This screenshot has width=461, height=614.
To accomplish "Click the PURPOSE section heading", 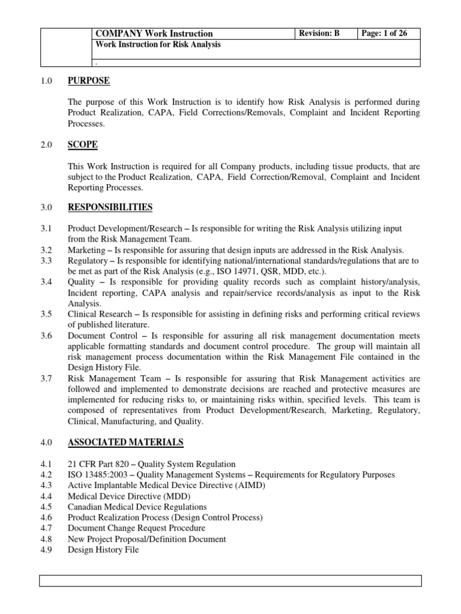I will [89, 81].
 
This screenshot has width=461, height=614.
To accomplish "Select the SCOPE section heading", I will [83, 145].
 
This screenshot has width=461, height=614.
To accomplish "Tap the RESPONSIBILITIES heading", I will [110, 207].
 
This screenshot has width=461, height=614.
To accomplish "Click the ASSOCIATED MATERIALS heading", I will [125, 443].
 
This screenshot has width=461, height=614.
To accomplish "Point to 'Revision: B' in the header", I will [320, 34].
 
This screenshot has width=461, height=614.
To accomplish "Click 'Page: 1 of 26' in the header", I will [384, 34].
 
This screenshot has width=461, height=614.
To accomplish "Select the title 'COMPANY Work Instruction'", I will [154, 34].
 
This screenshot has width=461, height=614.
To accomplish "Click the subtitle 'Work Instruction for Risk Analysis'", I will [157, 44].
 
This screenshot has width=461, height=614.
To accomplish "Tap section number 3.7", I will [47, 378].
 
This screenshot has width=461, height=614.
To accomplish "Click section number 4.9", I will [47, 550].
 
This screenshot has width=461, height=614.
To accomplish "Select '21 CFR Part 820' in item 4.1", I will [97, 464].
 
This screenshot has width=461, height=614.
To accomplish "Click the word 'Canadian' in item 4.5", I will [84, 507].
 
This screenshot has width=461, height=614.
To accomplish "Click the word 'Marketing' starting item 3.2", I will [86, 250].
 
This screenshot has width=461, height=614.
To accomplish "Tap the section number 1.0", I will [47, 81].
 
